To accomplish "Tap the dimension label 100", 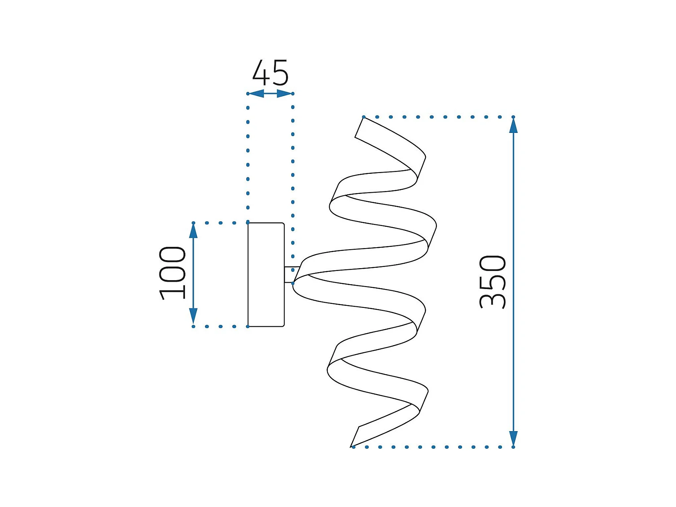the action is (173, 273).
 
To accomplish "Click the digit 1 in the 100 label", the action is (173, 294).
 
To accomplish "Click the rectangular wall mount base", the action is (266, 275).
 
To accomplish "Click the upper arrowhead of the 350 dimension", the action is (513, 126).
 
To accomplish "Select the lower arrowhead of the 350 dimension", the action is (513, 438).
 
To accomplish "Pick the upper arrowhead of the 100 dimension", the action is (193, 231).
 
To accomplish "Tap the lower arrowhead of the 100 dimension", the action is (193, 316).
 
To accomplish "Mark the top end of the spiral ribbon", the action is (360, 128).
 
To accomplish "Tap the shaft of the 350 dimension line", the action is (513, 281).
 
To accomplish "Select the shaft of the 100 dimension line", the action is (193, 273).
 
